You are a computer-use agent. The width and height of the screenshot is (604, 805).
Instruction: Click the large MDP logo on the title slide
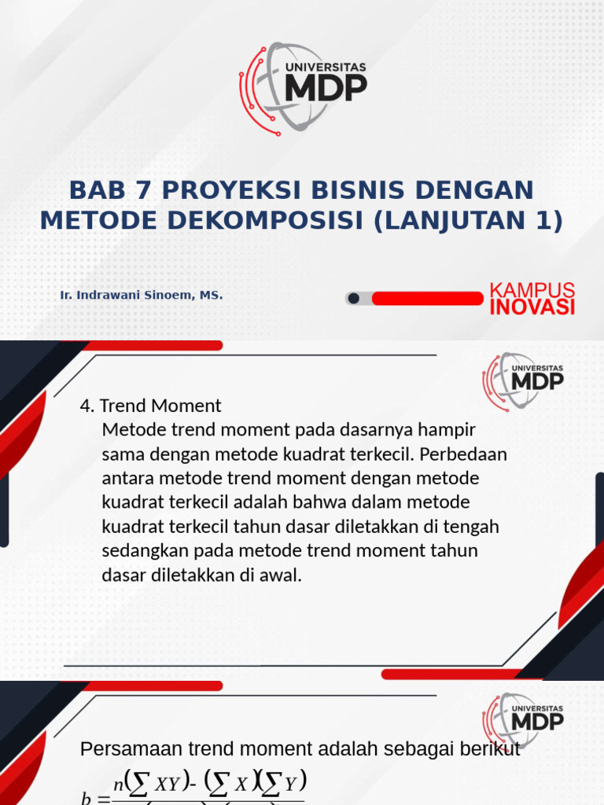coord(302,87)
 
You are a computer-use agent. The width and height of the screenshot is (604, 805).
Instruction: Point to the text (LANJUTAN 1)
coord(468,221)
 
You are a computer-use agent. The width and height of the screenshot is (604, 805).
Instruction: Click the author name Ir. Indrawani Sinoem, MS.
coord(142,296)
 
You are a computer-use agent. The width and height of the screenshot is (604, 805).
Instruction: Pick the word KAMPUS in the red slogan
coord(532,290)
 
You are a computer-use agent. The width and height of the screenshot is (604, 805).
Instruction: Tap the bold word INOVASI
coord(532,307)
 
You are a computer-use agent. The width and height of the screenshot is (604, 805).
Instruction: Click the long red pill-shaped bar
coord(427,298)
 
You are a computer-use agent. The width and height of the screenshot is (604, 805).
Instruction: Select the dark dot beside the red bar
coord(354,298)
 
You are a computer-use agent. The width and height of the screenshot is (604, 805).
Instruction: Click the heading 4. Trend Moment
coord(151,406)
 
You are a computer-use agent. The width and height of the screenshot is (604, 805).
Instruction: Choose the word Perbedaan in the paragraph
coord(470,454)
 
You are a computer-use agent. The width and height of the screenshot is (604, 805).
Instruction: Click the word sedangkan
coord(142,550)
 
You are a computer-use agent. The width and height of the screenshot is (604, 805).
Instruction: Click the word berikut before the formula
coord(492,750)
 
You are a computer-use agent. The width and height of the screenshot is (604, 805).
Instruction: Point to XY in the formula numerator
coord(169,783)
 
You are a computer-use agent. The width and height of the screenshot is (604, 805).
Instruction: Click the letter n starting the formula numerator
coord(118,783)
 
